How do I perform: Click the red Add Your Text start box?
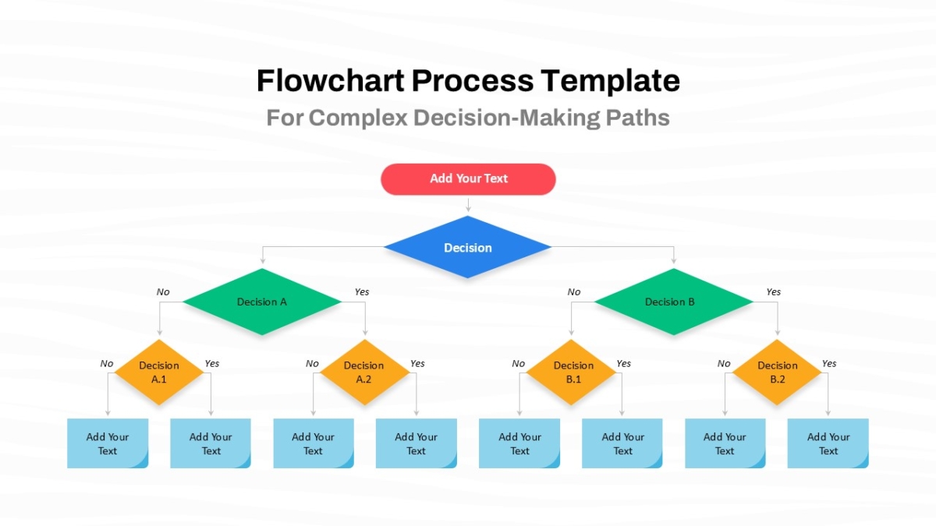tap(468, 179)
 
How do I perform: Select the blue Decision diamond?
tap(467, 247)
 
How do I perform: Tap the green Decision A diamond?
tap(262, 302)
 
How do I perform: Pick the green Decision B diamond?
tap(674, 302)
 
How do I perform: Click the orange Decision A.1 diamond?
tap(159, 372)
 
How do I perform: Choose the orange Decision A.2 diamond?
tap(364, 372)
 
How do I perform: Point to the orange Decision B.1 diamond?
tap(571, 372)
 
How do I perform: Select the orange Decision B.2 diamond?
tap(777, 372)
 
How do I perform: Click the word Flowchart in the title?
tap(331, 80)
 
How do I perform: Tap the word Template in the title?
tap(611, 82)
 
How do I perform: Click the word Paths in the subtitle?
tap(638, 118)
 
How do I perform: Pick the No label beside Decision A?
tap(163, 291)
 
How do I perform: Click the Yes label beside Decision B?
tap(774, 291)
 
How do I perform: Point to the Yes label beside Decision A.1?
tap(212, 364)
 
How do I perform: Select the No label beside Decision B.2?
tap(724, 364)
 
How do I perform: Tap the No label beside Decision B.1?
tap(518, 364)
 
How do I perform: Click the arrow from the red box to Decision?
tap(468, 205)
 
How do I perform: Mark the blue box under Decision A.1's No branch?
tap(108, 443)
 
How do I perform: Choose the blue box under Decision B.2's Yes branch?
tap(828, 443)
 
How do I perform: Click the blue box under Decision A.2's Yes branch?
tap(417, 443)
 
